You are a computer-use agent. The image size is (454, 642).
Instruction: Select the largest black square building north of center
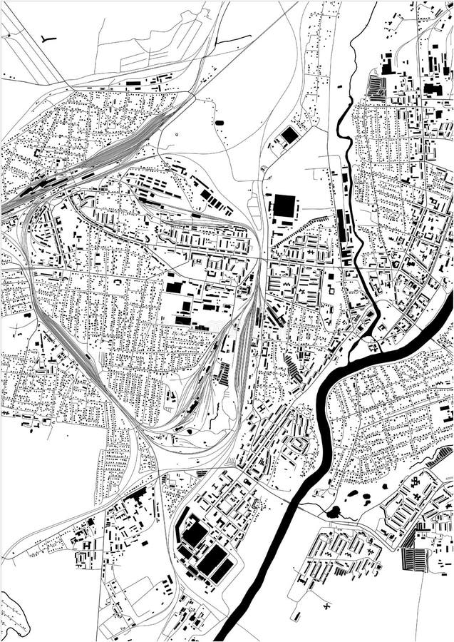coord(285,205)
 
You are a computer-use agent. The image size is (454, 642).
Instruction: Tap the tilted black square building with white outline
coord(289,135)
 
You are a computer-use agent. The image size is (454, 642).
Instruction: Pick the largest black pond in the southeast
coord(333,511)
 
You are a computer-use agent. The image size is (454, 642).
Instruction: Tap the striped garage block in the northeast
coord(376,88)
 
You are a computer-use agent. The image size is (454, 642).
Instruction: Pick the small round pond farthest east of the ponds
coord(384,486)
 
